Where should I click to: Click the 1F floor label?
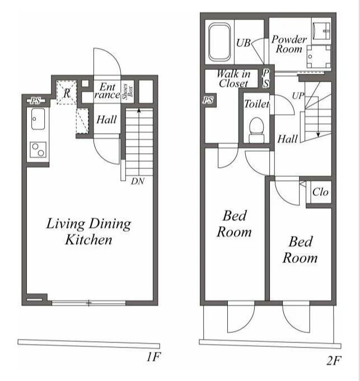153,357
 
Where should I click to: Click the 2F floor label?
334,361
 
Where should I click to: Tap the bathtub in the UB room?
219,42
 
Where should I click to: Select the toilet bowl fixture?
256,130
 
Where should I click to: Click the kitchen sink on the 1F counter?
38,119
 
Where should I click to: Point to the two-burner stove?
38,150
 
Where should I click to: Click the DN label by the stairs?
138,181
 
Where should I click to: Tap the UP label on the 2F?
298,96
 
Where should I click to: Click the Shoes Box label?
128,92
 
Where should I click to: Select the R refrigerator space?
67,92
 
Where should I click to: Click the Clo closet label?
320,192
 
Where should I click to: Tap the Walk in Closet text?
233,78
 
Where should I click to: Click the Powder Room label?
289,44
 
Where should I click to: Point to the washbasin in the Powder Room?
321,30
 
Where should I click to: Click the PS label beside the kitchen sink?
35,101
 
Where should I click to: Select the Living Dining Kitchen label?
88,231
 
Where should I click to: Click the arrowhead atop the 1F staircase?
139,111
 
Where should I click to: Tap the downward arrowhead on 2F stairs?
318,135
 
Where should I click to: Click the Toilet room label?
256,104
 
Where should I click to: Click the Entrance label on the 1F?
107,91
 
